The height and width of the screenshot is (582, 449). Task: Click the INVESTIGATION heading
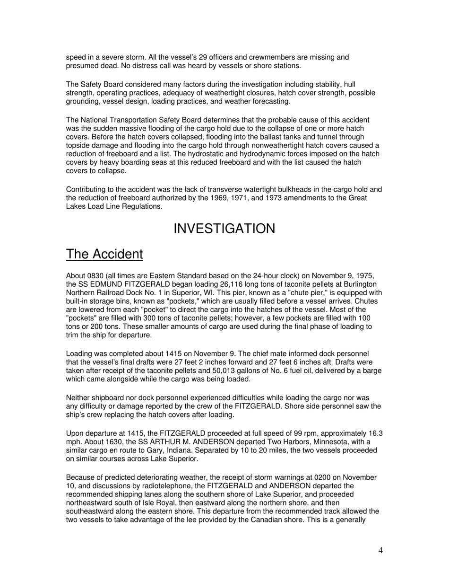[224, 229]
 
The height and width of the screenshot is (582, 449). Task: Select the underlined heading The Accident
[104, 254]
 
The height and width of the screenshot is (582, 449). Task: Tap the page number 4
[380, 550]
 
